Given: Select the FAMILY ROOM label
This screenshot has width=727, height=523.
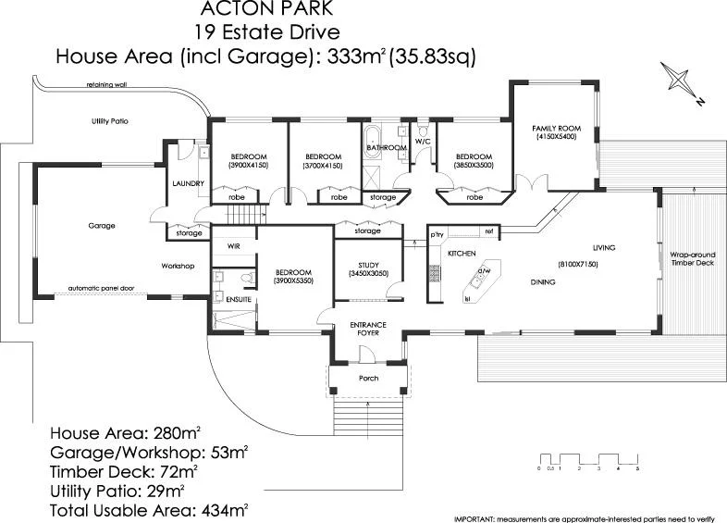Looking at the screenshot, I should [x=555, y=130].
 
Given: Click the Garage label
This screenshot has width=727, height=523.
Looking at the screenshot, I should [x=101, y=225].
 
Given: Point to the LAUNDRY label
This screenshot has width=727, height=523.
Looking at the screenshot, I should [x=188, y=183].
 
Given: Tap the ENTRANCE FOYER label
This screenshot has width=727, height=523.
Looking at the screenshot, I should [x=367, y=329].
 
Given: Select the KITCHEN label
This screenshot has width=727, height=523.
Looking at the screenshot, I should [x=461, y=253].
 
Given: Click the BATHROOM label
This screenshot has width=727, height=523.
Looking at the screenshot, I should [x=386, y=147].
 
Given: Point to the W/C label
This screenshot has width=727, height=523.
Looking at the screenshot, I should [x=423, y=142].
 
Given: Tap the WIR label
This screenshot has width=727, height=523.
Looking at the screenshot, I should [x=232, y=246].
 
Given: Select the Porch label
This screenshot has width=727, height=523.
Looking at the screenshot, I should [x=368, y=378].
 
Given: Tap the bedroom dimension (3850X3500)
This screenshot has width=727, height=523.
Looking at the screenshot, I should [x=474, y=165].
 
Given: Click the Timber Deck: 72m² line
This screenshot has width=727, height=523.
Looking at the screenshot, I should [x=130, y=471].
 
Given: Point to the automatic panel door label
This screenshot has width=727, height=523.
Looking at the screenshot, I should [x=101, y=289].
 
